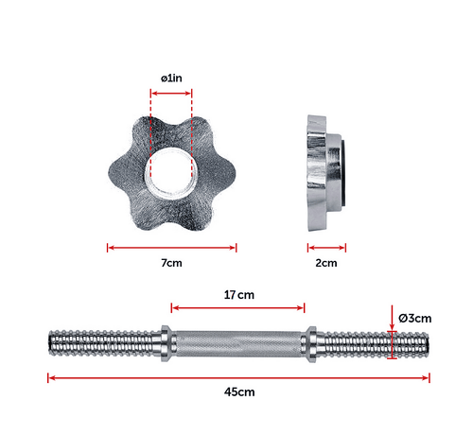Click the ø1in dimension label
pyautogui.click(x=171, y=78)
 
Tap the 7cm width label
pyautogui.click(x=171, y=262)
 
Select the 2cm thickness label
pyautogui.click(x=325, y=262)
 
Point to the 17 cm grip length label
pyautogui.click(x=238, y=294)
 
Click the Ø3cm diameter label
pyautogui.click(x=415, y=319)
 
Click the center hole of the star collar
pyautogui.click(x=171, y=169)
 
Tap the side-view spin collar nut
pyautogui.click(x=320, y=170)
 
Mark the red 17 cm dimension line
pyautogui.click(x=238, y=307)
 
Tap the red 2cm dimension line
pyautogui.click(x=325, y=249)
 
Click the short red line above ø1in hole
pyautogui.click(x=171, y=93)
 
